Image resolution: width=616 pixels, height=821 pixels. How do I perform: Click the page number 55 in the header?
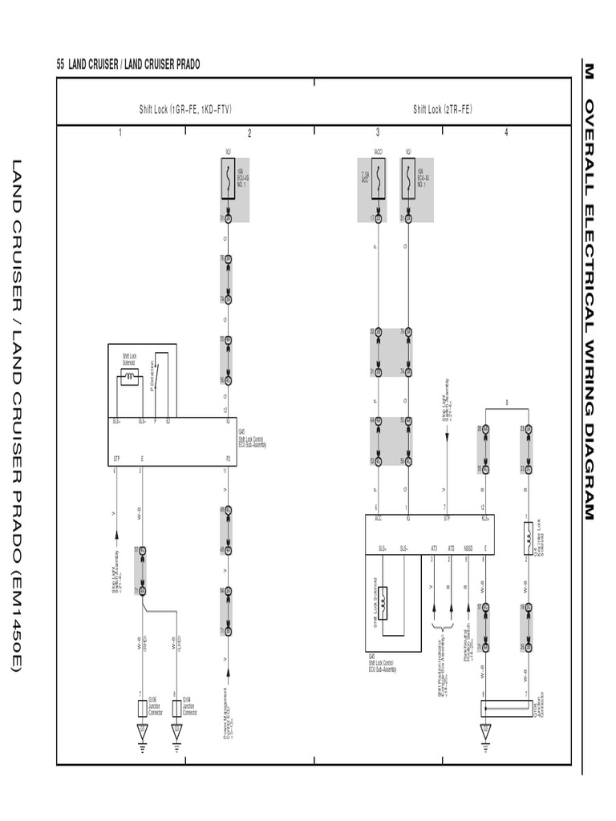(60, 65)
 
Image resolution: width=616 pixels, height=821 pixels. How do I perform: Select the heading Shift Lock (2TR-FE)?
(442, 109)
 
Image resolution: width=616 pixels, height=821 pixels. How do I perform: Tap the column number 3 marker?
(378, 132)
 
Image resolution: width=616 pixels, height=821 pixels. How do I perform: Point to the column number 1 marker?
(120, 132)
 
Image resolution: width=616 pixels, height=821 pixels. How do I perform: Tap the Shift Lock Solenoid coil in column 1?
(129, 379)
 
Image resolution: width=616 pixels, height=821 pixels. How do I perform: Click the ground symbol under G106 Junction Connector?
(142, 733)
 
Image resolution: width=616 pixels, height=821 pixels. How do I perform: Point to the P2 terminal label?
(228, 459)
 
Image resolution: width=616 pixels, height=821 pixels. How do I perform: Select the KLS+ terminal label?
(484, 520)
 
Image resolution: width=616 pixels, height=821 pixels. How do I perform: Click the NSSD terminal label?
(467, 549)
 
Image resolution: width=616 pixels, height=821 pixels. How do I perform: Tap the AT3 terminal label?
(434, 549)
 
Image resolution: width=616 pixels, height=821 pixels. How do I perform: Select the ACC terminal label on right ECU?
(378, 520)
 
